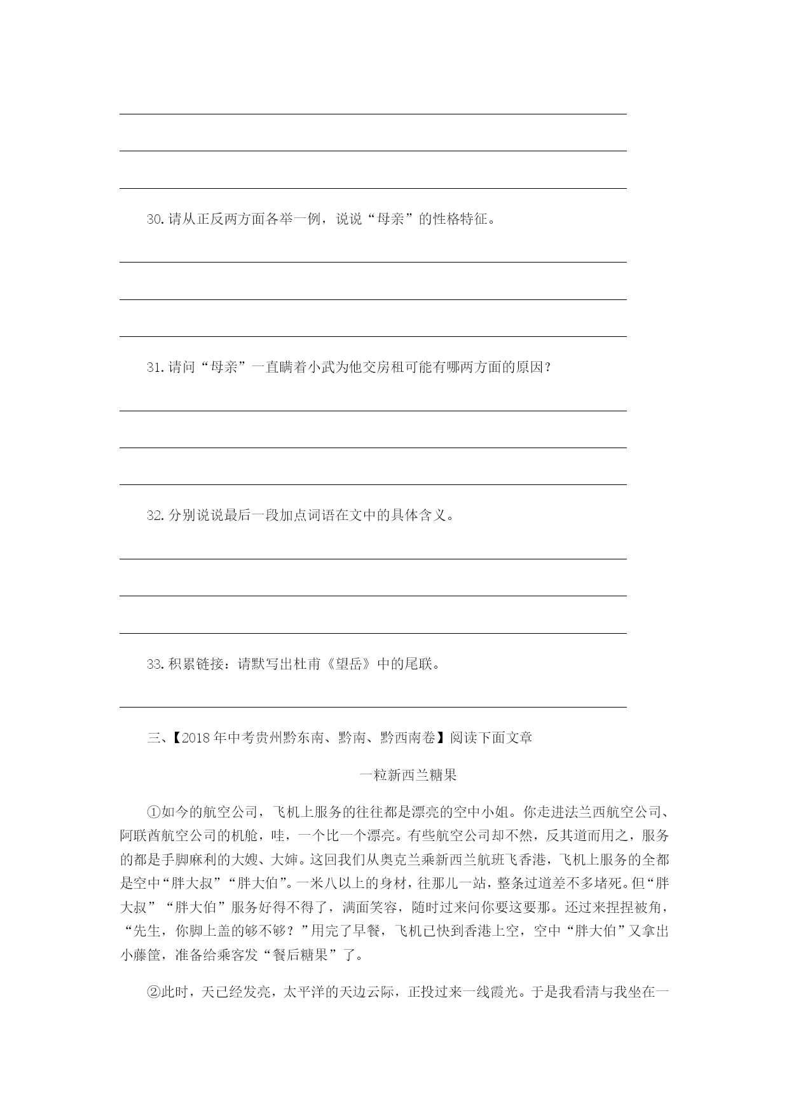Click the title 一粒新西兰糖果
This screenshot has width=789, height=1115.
(408, 776)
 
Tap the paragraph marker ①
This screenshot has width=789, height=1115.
(154, 812)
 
